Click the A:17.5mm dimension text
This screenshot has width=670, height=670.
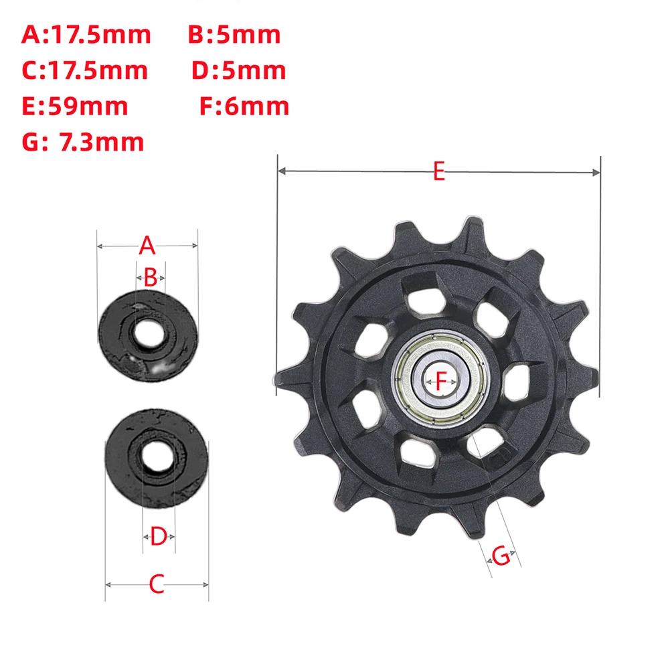86,34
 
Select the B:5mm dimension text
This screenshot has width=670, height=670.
234,34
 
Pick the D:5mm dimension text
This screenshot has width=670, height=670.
239,70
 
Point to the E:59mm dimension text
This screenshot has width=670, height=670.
75,106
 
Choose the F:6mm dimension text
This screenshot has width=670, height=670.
244,106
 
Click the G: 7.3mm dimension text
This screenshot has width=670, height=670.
83,141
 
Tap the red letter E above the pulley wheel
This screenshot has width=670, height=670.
438,172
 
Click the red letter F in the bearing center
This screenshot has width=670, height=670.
440,382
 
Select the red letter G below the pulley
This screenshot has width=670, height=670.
501,555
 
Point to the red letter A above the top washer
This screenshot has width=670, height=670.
147,246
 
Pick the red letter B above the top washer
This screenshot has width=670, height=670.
150,277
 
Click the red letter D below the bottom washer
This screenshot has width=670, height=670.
158,536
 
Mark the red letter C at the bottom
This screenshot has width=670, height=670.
156,584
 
